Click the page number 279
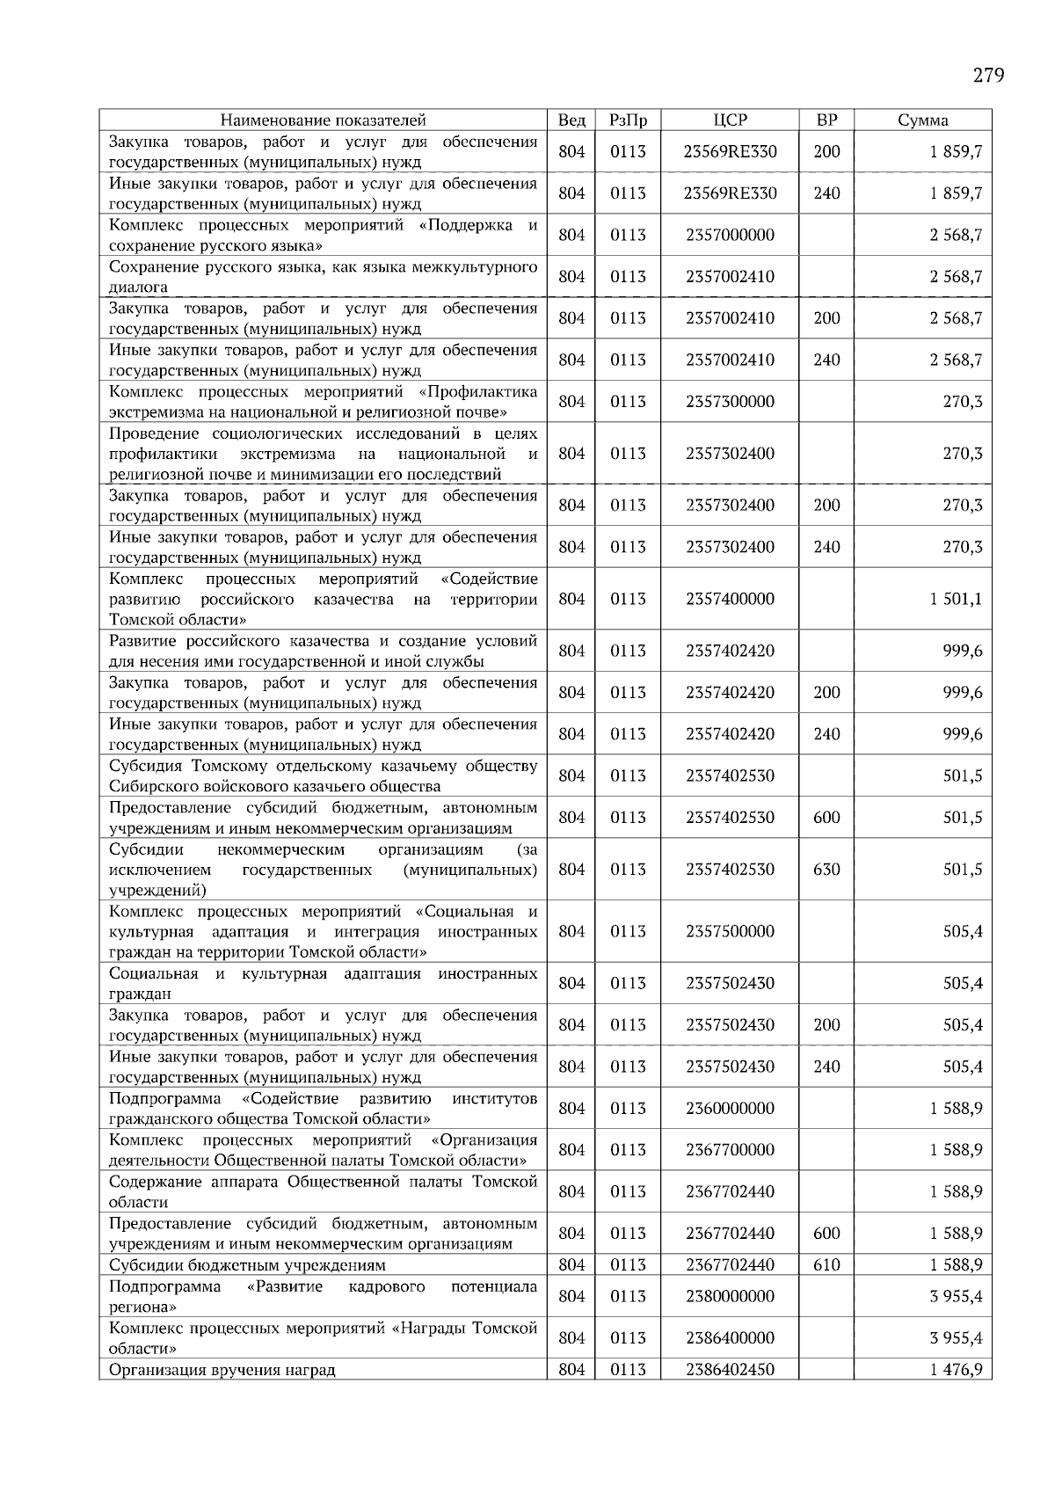coord(988,75)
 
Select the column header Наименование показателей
coord(323,120)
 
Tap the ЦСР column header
coord(730,120)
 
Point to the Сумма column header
coord(922,120)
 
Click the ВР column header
coord(826,120)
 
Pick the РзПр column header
coord(628,120)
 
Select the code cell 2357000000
coord(730,235)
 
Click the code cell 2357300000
coord(730,402)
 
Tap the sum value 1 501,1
coord(956,599)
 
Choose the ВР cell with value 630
coord(826,870)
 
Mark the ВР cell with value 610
coord(826,1265)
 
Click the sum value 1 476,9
coord(956,1370)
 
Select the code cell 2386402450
coord(730,1370)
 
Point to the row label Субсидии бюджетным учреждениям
coord(247,1265)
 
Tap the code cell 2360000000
coord(730,1109)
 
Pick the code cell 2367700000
coord(730,1150)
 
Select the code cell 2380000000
coord(730,1296)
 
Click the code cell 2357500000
coord(730,931)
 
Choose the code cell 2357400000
coord(730,599)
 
